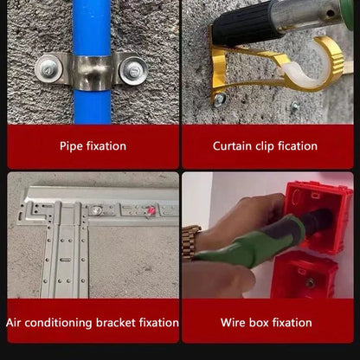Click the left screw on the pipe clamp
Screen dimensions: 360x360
[x=48, y=69]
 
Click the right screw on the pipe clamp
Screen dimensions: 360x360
[x=133, y=71]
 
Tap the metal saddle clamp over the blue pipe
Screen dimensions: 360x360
[x=92, y=71]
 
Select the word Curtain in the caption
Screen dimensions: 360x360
[x=232, y=146]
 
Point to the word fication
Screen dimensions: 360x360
[x=298, y=146]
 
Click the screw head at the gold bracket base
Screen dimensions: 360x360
[x=220, y=100]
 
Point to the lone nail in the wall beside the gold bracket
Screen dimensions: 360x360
[x=295, y=106]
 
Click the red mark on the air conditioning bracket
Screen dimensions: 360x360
[x=151, y=211]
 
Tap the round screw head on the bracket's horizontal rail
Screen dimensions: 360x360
[x=96, y=210]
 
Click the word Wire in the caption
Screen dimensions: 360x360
[x=233, y=323]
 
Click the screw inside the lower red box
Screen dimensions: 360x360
[x=310, y=283]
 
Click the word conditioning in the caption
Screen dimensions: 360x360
[x=58, y=323]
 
